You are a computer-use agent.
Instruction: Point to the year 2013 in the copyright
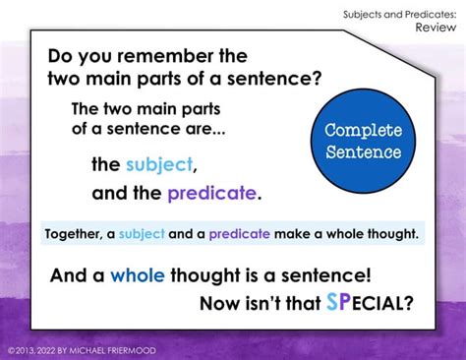29,350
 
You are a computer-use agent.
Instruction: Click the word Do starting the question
63,57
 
